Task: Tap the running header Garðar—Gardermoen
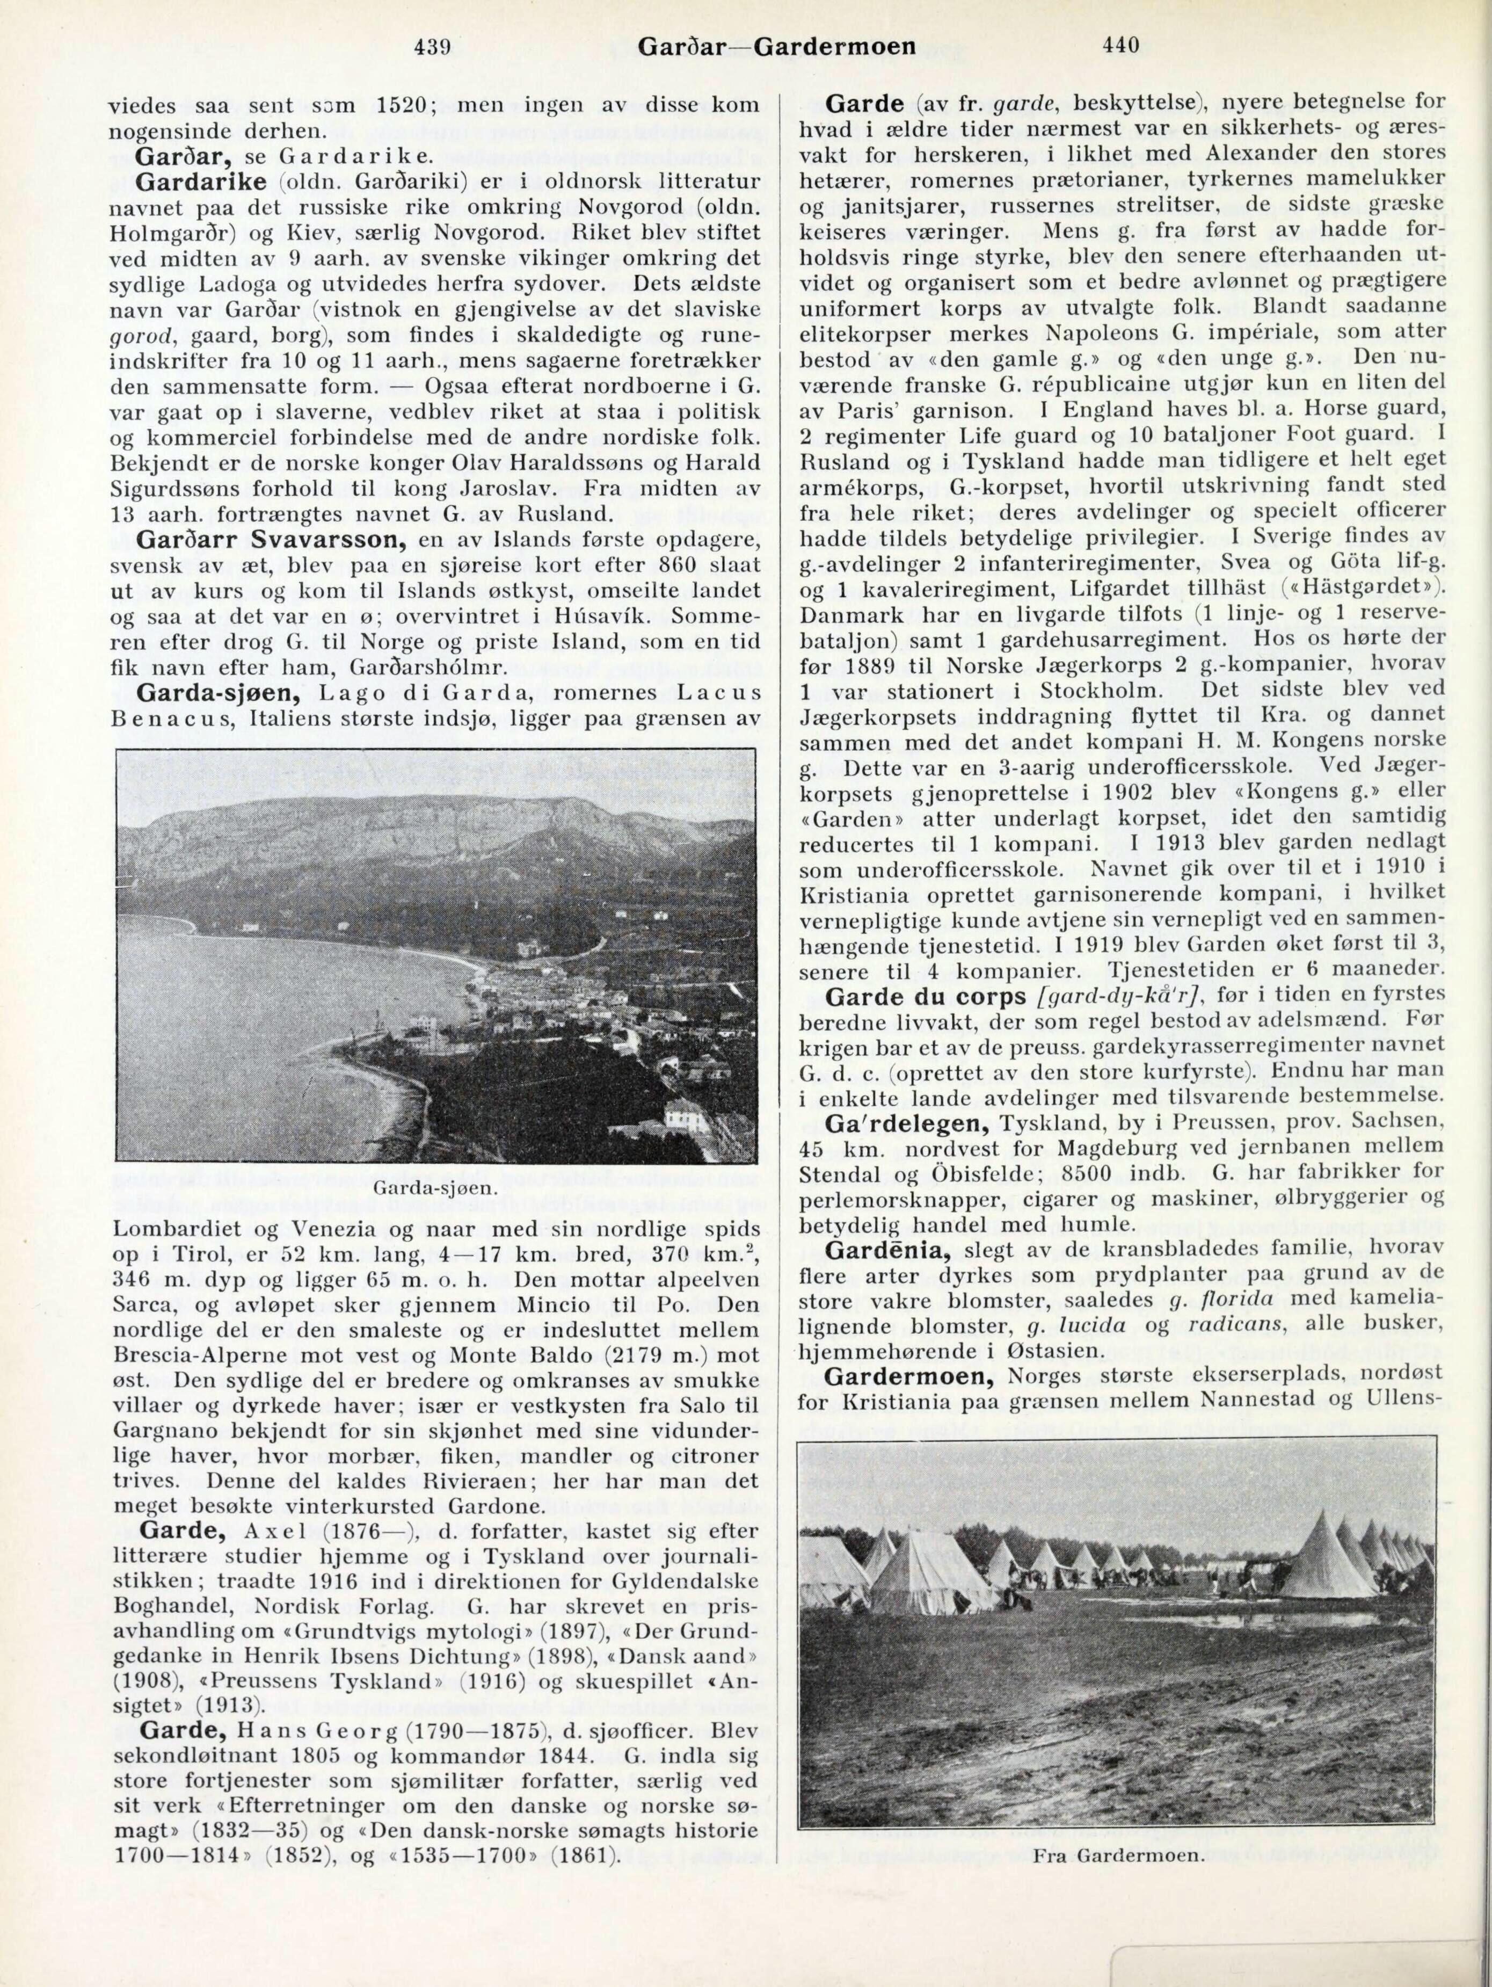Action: tap(776, 45)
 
